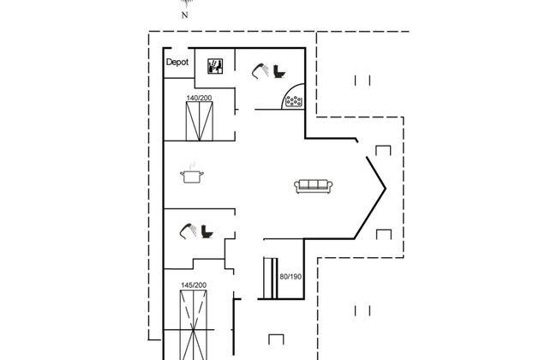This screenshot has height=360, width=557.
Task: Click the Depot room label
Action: (x=177, y=63)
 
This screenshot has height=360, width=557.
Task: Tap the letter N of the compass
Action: (x=184, y=15)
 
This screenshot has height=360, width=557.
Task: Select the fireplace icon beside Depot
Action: (x=215, y=65)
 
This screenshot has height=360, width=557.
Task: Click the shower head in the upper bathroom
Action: (x=259, y=71)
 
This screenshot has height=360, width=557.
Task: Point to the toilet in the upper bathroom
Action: (x=277, y=73)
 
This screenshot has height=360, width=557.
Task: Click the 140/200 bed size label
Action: (x=200, y=99)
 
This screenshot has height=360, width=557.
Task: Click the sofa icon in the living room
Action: (x=313, y=185)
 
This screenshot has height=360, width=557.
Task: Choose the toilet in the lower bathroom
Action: (x=206, y=231)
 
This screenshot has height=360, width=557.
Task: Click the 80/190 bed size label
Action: (x=291, y=276)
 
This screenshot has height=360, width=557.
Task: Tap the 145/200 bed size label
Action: (x=194, y=285)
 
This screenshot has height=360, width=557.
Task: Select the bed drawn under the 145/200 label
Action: (x=194, y=324)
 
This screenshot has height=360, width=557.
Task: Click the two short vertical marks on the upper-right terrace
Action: (x=362, y=81)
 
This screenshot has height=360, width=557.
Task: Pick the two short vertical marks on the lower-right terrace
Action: (x=362, y=311)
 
